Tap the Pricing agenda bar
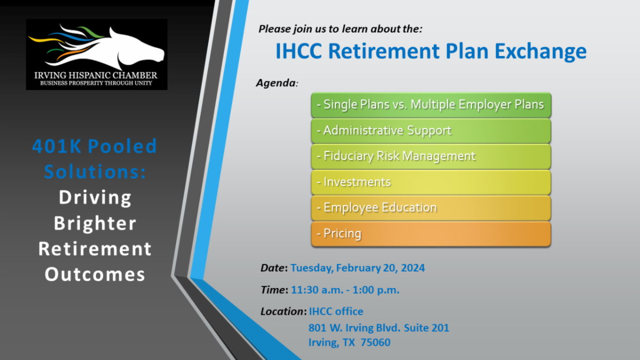pyautogui.click(x=431, y=234)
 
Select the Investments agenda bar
pyautogui.click(x=431, y=182)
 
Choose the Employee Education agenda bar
pyautogui.click(x=431, y=208)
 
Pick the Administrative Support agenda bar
pyautogui.click(x=431, y=131)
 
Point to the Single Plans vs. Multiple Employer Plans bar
pyautogui.click(x=431, y=105)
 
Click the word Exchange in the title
pyautogui.click(x=541, y=52)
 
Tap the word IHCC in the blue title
pyautogui.click(x=299, y=51)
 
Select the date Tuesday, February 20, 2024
pyautogui.click(x=357, y=268)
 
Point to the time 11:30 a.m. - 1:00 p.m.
pyautogui.click(x=345, y=290)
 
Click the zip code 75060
pyautogui.click(x=375, y=342)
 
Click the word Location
pyautogui.click(x=283, y=311)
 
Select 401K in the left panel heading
pyautogui.click(x=57, y=146)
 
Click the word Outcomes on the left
pyautogui.click(x=95, y=274)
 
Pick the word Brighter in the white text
pyautogui.click(x=95, y=223)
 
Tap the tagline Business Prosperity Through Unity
pyautogui.click(x=96, y=83)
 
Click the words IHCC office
pyautogui.click(x=336, y=311)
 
